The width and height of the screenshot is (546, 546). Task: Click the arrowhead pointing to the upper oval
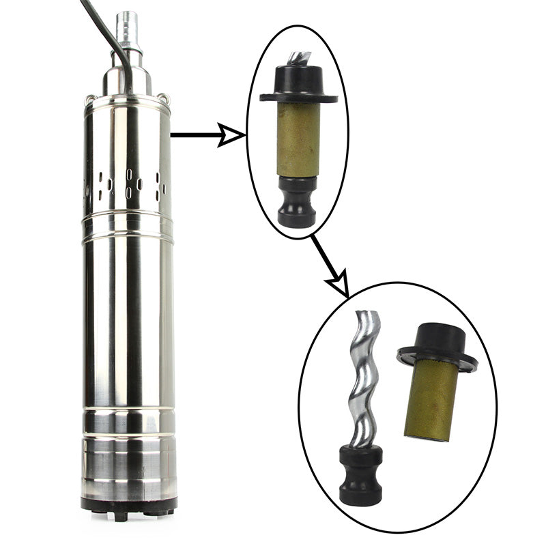click(x=233, y=135)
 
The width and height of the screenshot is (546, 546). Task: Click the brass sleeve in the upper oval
click(x=298, y=140)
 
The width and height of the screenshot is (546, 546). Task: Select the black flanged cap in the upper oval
click(x=298, y=85)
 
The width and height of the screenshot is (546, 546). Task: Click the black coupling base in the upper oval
click(x=297, y=203)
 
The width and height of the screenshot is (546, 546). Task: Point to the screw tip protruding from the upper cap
click(x=298, y=57)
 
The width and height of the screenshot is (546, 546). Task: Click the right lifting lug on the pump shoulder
click(x=163, y=98)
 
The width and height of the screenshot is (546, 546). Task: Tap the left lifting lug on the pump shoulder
click(x=89, y=102)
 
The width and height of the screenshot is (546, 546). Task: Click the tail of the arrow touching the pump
click(x=175, y=135)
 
